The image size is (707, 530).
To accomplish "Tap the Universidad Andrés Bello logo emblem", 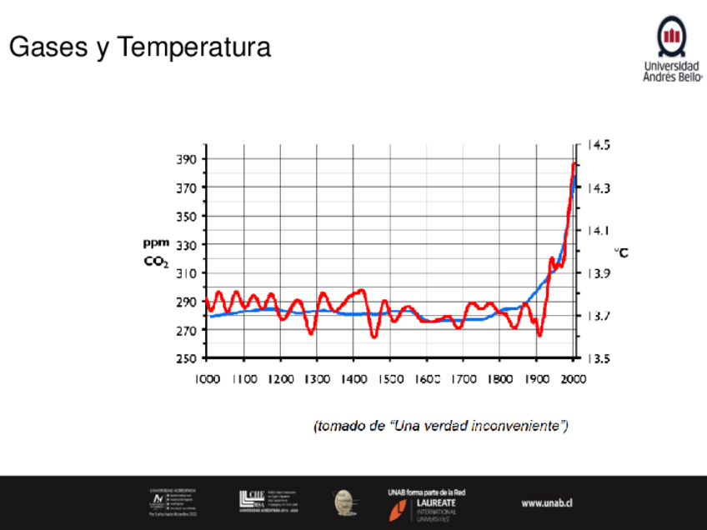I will [672, 36].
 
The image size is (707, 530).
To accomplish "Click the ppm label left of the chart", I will [154, 243].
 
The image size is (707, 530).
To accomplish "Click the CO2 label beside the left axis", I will [155, 262].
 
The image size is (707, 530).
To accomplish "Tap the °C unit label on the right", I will [622, 252].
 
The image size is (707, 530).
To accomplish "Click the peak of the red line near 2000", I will [574, 164].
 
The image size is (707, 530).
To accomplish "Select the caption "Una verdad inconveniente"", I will [476, 426].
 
